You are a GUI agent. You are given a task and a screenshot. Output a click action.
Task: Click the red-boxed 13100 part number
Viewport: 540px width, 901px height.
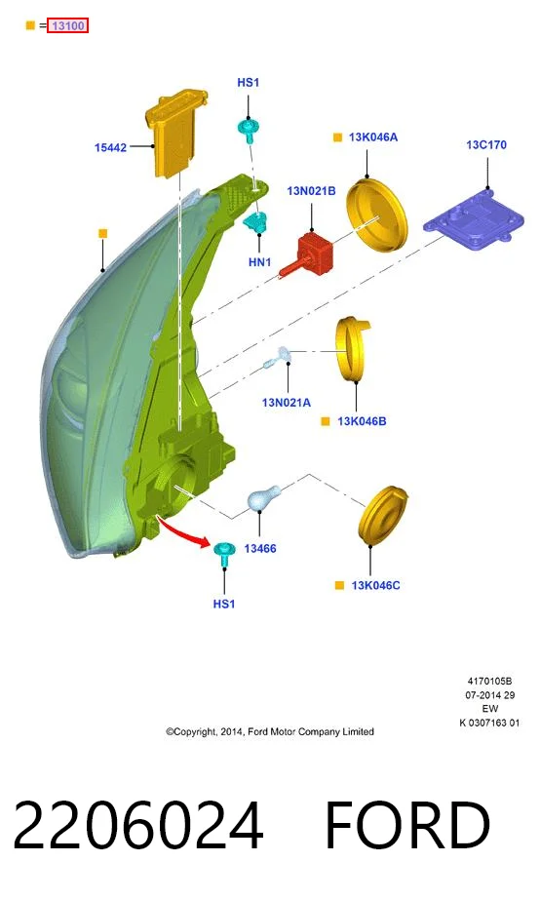68,26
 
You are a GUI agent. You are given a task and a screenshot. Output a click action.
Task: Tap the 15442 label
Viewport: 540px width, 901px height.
110,147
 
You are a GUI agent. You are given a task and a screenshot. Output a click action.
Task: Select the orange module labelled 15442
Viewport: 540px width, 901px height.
174,133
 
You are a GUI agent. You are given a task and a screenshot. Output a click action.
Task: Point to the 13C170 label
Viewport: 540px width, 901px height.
486,144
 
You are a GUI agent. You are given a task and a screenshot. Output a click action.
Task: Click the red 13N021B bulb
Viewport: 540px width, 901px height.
307,254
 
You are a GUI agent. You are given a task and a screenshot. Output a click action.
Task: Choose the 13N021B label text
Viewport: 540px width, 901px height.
311,191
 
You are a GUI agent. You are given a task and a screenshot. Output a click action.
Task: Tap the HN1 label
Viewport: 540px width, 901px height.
259,262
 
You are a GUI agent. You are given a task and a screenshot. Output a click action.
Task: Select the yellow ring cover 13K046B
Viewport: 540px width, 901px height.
353,348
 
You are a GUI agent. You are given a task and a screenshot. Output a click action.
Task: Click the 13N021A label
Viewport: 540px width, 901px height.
287,403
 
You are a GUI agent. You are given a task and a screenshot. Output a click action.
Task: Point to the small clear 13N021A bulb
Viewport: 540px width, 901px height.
279,358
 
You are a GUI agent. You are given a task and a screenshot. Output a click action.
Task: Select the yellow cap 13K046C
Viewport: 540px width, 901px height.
383,514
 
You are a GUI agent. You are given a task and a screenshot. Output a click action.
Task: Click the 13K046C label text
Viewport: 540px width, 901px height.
375,585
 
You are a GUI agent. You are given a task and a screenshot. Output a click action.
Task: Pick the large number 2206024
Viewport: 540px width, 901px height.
137,825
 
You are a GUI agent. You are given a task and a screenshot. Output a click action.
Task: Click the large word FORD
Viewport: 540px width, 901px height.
407,825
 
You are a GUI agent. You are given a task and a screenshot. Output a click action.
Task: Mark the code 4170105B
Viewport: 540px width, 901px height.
489,681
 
